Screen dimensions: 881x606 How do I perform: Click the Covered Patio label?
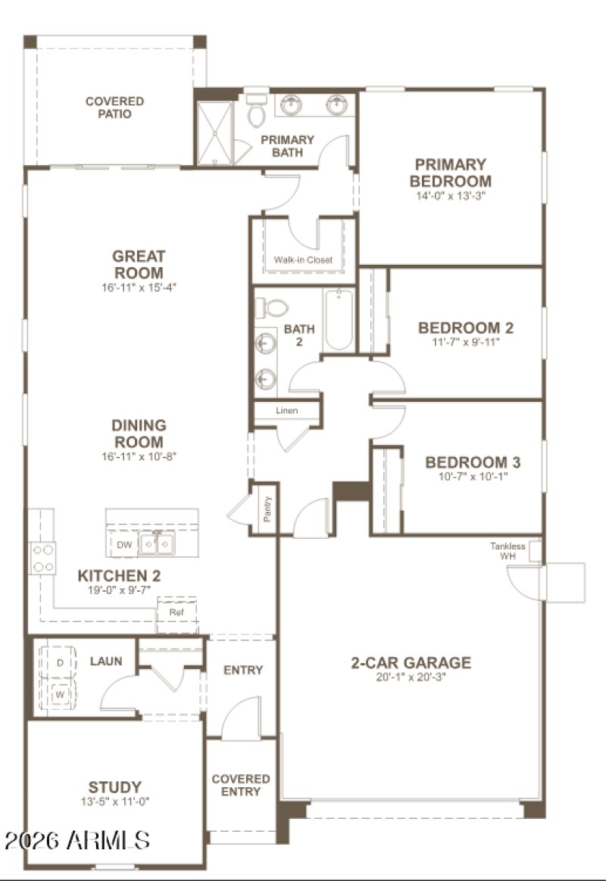114,107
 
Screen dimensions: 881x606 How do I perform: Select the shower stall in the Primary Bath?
215,132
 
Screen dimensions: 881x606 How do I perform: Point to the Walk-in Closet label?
303,260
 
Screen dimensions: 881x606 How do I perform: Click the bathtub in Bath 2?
339,320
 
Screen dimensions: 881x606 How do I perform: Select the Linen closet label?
286,410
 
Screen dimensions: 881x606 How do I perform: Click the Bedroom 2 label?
466,328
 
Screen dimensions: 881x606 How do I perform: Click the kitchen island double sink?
159,543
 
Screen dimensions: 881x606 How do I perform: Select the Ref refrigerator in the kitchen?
176,612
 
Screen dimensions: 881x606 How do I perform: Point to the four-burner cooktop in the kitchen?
42,559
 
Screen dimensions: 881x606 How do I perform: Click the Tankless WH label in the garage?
508,551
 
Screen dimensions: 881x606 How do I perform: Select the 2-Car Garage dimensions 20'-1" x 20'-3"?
410,677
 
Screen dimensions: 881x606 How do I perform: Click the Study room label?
114,787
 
